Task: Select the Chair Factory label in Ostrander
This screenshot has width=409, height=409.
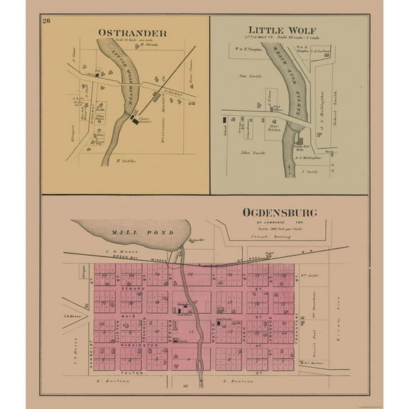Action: pos(146,120)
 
